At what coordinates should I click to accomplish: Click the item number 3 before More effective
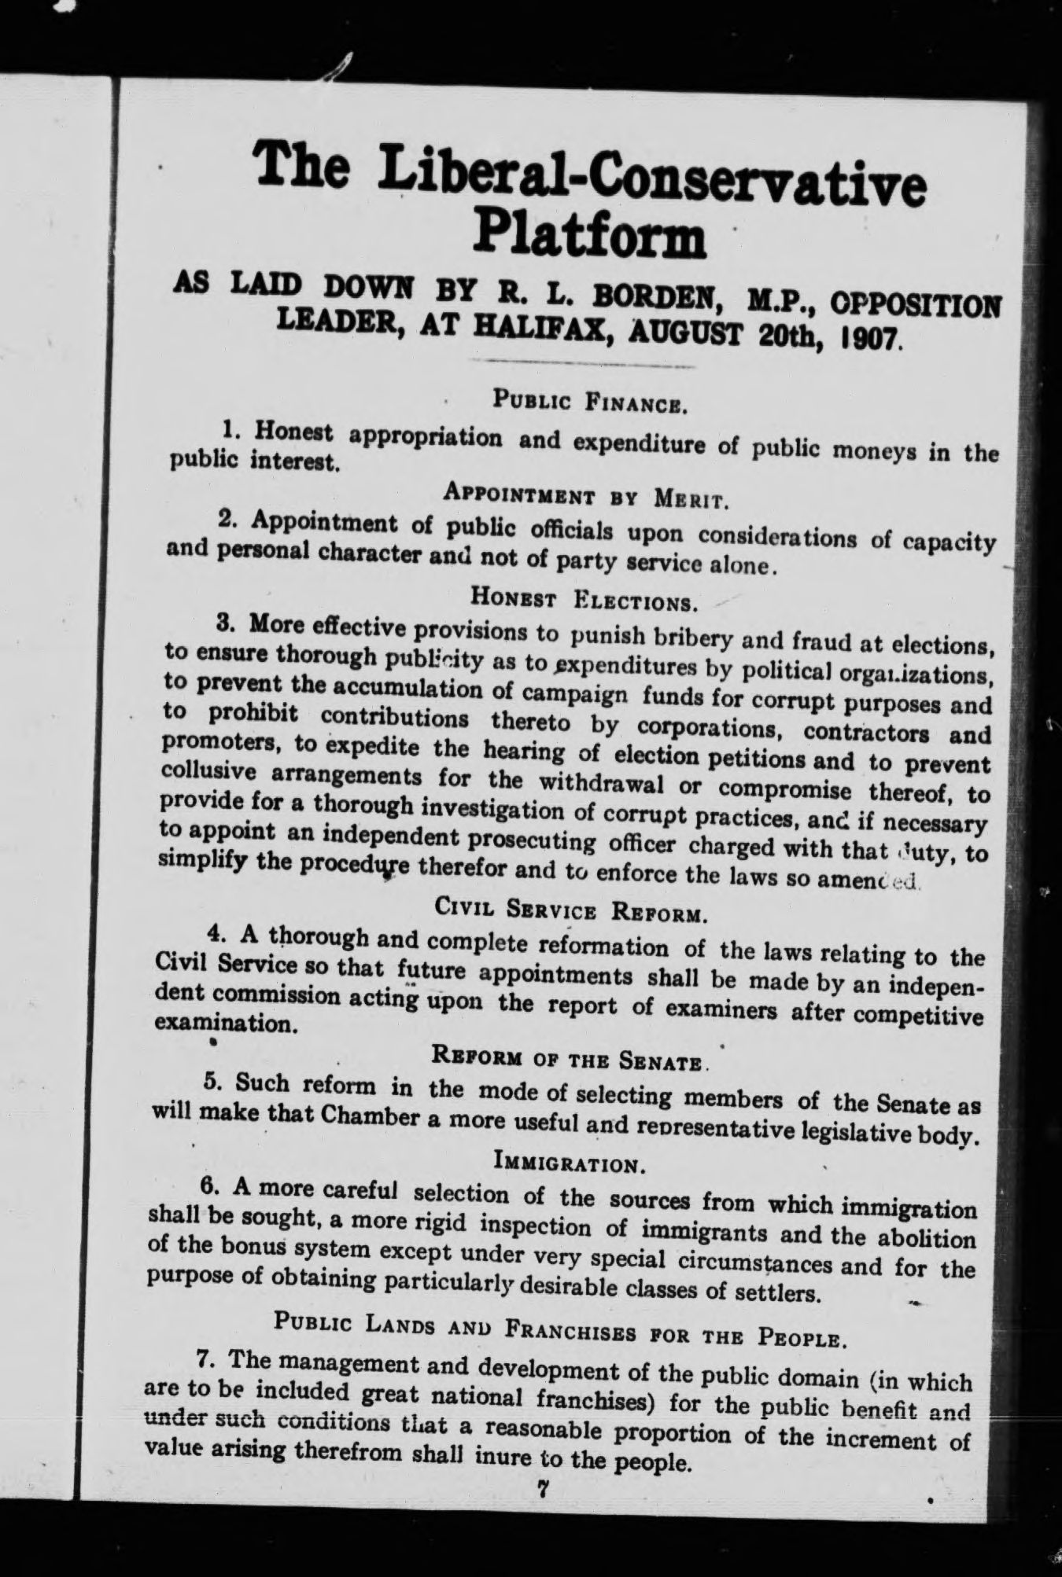(223, 623)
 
